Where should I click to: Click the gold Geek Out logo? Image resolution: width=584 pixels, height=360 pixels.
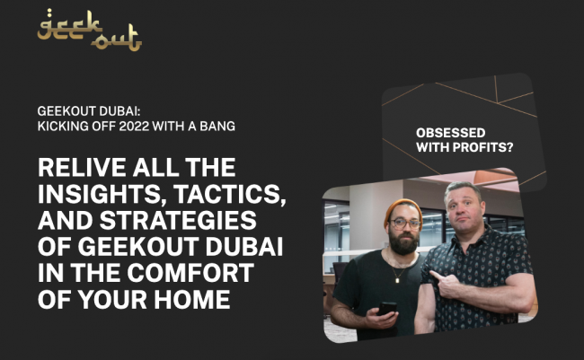tap(89, 31)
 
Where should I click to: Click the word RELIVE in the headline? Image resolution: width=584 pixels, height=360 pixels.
tap(83, 167)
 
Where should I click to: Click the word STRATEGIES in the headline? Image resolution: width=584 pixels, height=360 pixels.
tap(178, 220)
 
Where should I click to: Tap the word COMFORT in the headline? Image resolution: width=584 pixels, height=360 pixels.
tap(190, 273)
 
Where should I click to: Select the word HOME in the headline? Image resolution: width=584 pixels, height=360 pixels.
tap(191, 299)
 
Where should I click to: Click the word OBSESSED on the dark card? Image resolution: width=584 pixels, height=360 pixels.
tap(451, 133)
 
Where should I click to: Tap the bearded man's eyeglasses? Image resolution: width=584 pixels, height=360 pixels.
tap(405, 224)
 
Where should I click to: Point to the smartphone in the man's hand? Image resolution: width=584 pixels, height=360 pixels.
tap(387, 308)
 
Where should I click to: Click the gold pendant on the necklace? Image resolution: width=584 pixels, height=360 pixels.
tap(397, 280)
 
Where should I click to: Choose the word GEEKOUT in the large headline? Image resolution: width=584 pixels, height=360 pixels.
tap(137, 247)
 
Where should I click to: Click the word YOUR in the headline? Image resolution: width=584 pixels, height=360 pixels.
tap(112, 299)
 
